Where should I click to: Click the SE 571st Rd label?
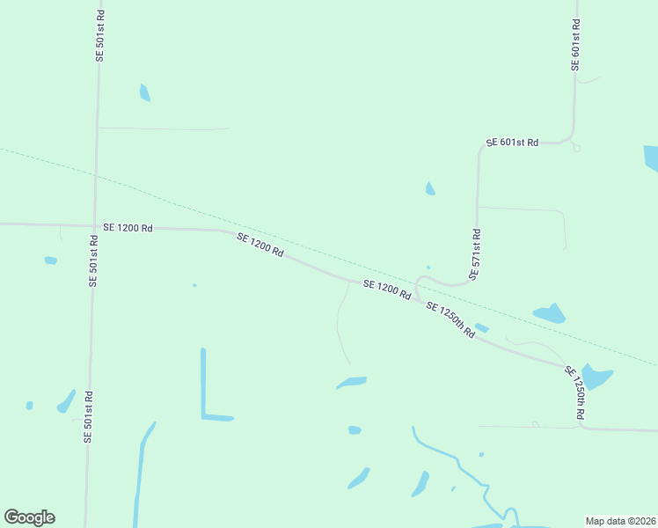(x=476, y=255)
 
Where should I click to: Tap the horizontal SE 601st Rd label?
(x=512, y=142)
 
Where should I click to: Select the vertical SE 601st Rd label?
(x=575, y=45)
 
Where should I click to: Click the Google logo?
(x=29, y=517)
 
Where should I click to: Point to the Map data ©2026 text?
(x=621, y=521)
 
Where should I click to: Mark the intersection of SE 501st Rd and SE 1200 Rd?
(x=94, y=226)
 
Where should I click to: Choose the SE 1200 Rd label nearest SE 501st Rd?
(x=128, y=227)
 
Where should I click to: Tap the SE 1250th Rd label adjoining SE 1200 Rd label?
(x=450, y=320)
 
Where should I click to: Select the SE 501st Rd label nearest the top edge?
(x=99, y=35)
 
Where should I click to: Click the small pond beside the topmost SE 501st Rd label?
(x=144, y=92)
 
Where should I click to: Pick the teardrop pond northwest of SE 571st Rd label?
(x=429, y=188)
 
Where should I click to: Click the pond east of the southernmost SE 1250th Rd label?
(x=596, y=378)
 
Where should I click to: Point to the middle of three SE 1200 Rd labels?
(x=260, y=245)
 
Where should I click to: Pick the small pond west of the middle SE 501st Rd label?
(x=51, y=260)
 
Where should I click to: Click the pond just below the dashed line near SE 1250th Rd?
(x=550, y=313)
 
